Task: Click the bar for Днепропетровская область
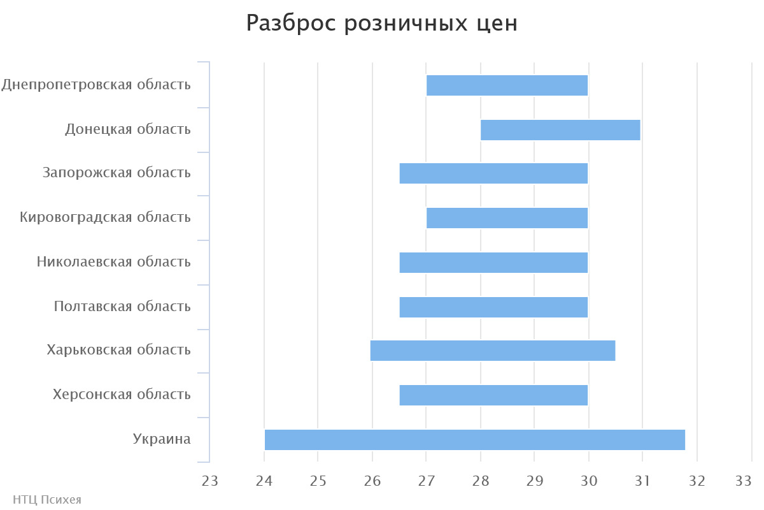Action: tap(507, 85)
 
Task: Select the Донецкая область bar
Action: tap(560, 130)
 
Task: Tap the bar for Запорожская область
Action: tap(493, 173)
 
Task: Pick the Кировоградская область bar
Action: tap(507, 218)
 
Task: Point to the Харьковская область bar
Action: tap(493, 351)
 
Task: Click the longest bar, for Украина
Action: tap(474, 440)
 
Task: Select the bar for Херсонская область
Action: tap(493, 395)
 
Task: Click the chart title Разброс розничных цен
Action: tap(382, 24)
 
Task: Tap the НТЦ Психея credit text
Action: tap(47, 500)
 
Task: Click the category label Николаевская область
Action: tap(113, 262)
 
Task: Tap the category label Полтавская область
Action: tap(122, 307)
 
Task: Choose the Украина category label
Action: tap(162, 439)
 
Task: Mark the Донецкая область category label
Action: tap(128, 129)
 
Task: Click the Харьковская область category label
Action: tap(118, 350)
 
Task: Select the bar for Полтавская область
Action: tap(493, 307)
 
